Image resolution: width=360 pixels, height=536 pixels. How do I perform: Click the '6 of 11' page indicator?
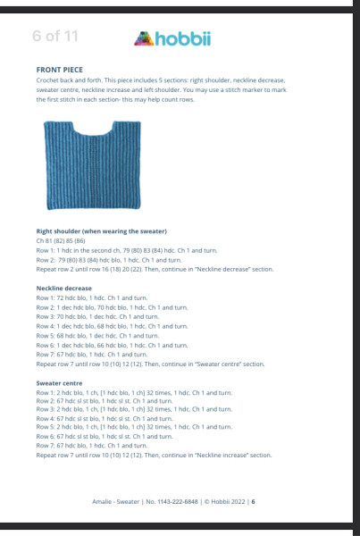(55, 37)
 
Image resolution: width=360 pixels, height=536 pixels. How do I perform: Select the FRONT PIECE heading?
(61, 69)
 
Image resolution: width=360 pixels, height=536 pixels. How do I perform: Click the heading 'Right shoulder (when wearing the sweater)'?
(102, 231)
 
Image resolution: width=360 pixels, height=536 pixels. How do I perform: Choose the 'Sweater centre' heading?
(61, 382)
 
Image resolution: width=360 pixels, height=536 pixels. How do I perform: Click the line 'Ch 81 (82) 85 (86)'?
(68, 241)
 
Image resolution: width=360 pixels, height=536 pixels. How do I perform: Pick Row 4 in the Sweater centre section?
(104, 418)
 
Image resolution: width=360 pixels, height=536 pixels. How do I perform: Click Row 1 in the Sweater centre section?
(134, 392)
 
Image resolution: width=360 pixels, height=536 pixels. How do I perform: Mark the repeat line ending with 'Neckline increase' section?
(153, 455)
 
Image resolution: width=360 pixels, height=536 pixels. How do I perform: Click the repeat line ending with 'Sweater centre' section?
(150, 364)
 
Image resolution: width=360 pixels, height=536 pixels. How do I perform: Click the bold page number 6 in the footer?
(254, 501)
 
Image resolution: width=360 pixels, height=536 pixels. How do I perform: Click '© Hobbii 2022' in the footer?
(223, 501)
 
